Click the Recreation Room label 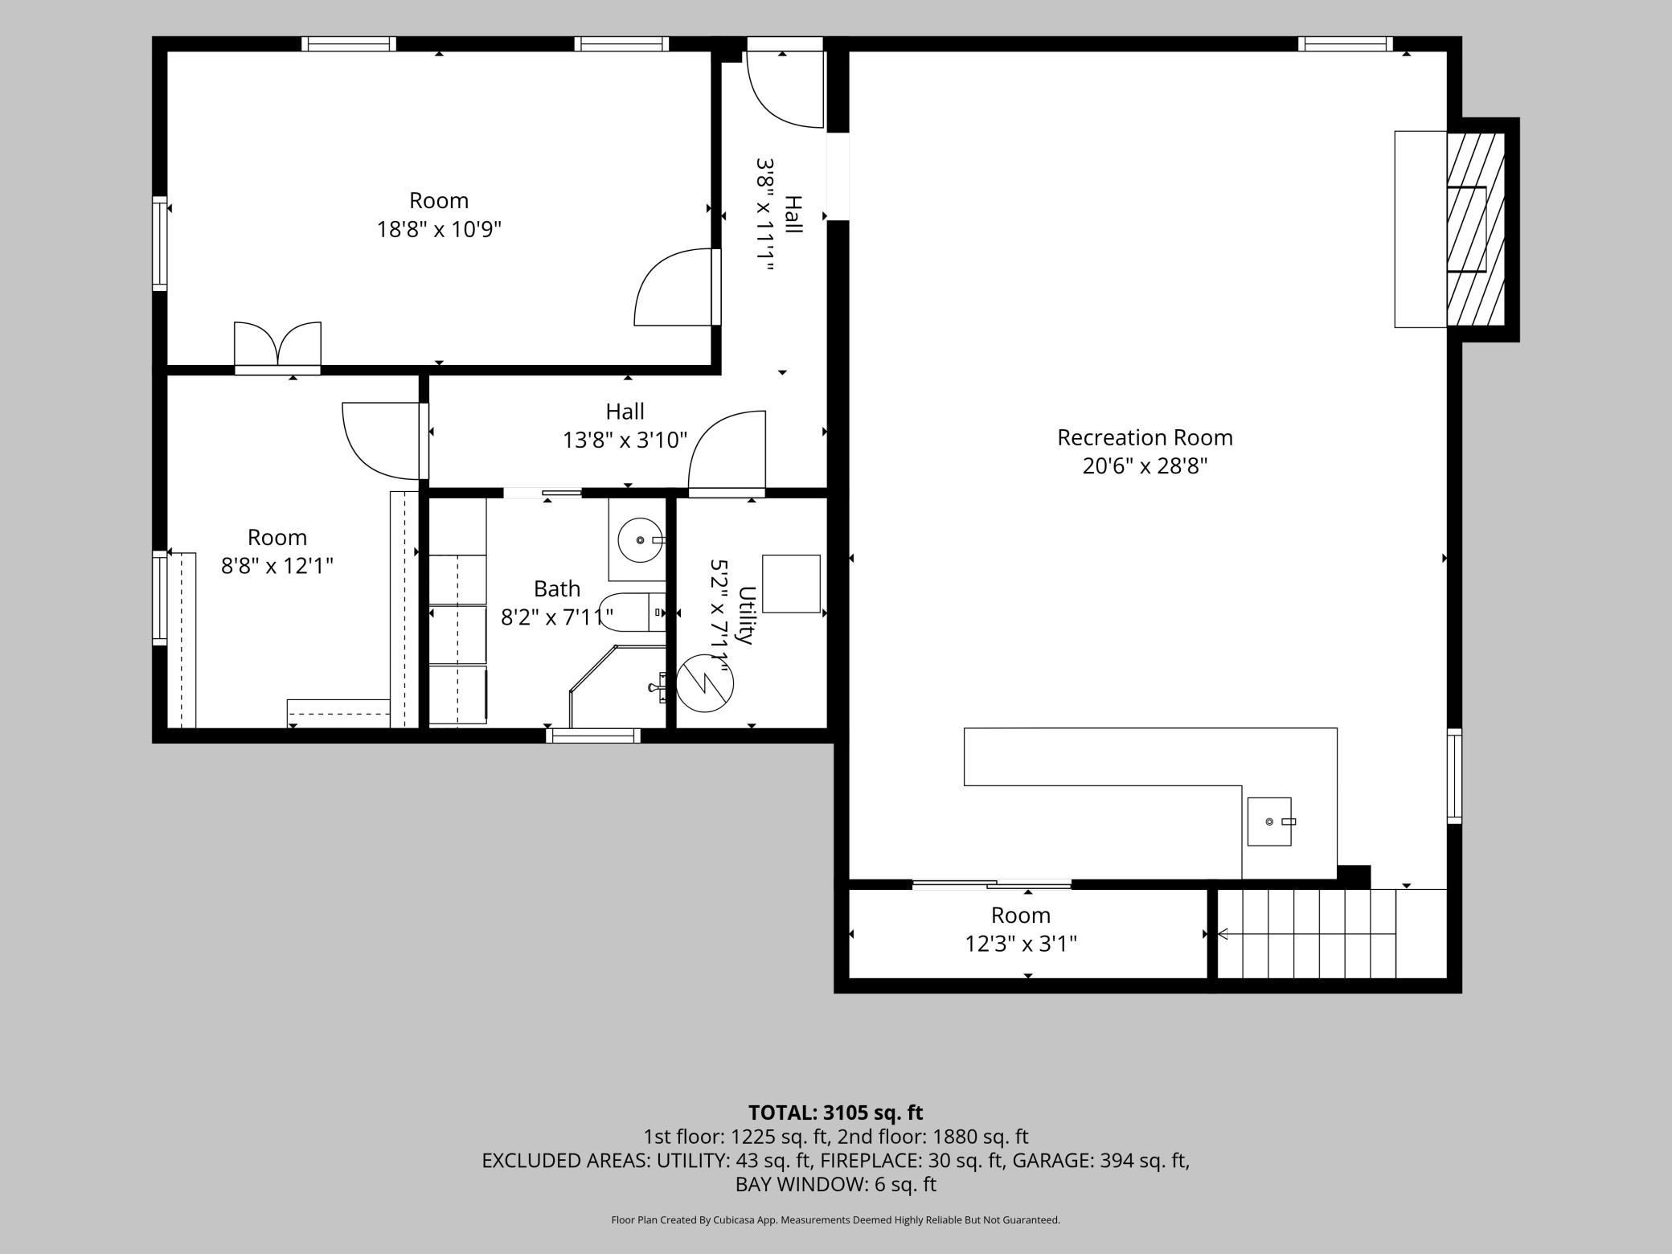[1145, 437]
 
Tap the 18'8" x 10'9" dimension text [439, 230]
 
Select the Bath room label [557, 589]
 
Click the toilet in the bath [633, 613]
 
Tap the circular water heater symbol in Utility [705, 682]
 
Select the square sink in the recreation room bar [1269, 822]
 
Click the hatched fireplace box [1476, 229]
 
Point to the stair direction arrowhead [1223, 934]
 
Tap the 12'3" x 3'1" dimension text [1021, 944]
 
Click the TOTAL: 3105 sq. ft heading [836, 1113]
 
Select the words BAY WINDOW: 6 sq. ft [836, 1184]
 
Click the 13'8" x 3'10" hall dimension [625, 441]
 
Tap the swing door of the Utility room [727, 453]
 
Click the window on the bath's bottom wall [593, 735]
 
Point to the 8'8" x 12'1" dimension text [277, 566]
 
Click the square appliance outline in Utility [791, 584]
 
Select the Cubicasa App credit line [836, 1220]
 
